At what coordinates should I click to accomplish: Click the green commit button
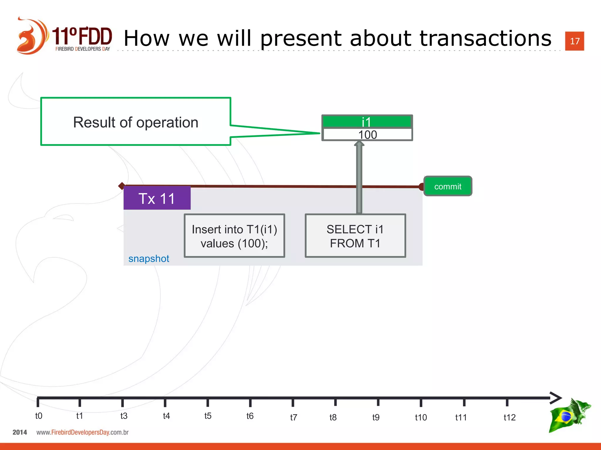point(448,186)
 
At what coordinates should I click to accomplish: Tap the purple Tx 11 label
point(157,198)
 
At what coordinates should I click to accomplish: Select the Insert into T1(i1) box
point(234,236)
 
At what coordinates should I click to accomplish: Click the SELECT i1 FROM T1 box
point(355,236)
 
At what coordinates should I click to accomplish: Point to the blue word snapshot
point(148,259)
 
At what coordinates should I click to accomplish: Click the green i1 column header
point(367,122)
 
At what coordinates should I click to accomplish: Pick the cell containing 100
point(367,135)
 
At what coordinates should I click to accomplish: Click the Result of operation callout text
point(136,122)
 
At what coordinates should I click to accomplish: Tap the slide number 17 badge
point(574,41)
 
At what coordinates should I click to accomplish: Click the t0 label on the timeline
point(38,416)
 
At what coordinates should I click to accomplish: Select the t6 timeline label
point(250,416)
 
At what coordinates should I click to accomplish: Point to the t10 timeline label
point(421,417)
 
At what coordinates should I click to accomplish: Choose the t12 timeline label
point(509,417)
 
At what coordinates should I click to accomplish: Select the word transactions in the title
point(485,38)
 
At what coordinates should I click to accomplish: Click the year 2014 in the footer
point(20,432)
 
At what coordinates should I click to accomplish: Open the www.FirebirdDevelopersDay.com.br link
point(82,432)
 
